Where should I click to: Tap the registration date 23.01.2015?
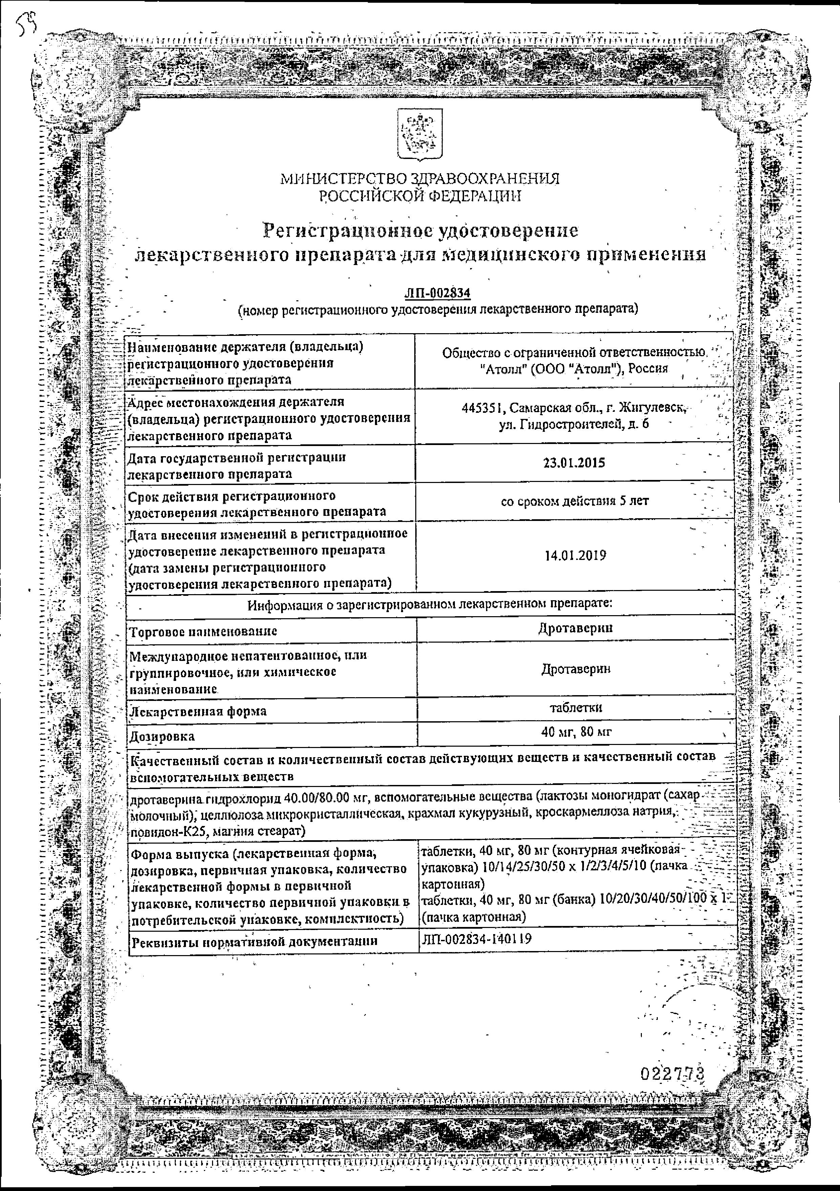click(574, 463)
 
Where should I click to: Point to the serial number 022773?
click(673, 1073)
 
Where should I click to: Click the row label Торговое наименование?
click(203, 631)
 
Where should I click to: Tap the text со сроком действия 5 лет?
click(574, 501)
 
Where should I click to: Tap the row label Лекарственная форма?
click(198, 711)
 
